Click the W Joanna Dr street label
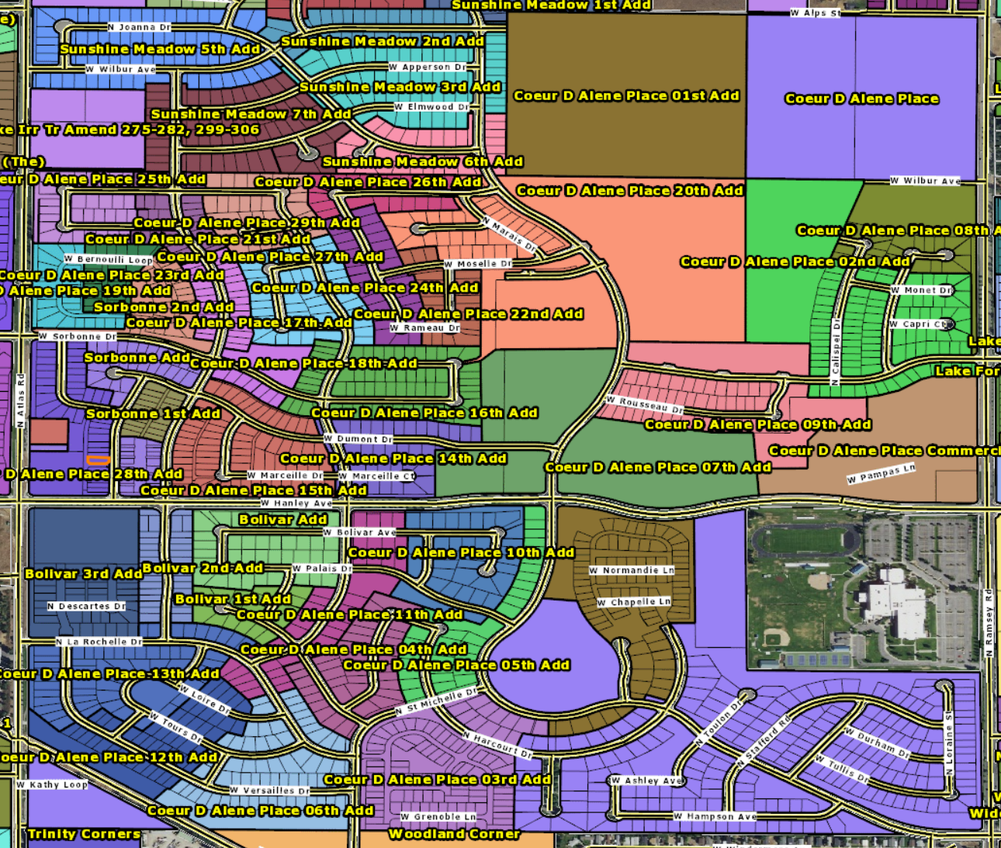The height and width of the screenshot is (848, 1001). click(x=139, y=27)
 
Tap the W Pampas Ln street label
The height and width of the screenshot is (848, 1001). click(x=881, y=473)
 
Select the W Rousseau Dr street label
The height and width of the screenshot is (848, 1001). click(x=645, y=405)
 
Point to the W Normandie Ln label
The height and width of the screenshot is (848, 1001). click(x=632, y=570)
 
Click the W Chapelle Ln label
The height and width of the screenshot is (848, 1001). click(x=634, y=602)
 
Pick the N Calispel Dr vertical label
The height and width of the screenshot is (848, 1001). click(x=836, y=351)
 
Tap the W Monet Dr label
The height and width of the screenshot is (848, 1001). click(x=921, y=290)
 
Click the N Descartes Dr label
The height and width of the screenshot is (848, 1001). click(x=86, y=606)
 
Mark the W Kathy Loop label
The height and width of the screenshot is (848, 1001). click(x=52, y=784)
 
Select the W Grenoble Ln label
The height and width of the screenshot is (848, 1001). click(x=438, y=816)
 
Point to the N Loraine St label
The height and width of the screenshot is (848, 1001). click(x=949, y=744)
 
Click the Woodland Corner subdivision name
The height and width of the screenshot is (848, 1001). click(x=454, y=834)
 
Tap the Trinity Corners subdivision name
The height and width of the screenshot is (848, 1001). click(x=84, y=834)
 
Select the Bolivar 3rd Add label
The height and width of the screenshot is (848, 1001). click(x=84, y=574)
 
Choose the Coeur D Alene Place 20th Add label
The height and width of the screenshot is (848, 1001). click(x=629, y=190)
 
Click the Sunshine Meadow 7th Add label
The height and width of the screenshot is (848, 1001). click(x=251, y=114)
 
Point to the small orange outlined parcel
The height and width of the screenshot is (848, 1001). click(x=98, y=461)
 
